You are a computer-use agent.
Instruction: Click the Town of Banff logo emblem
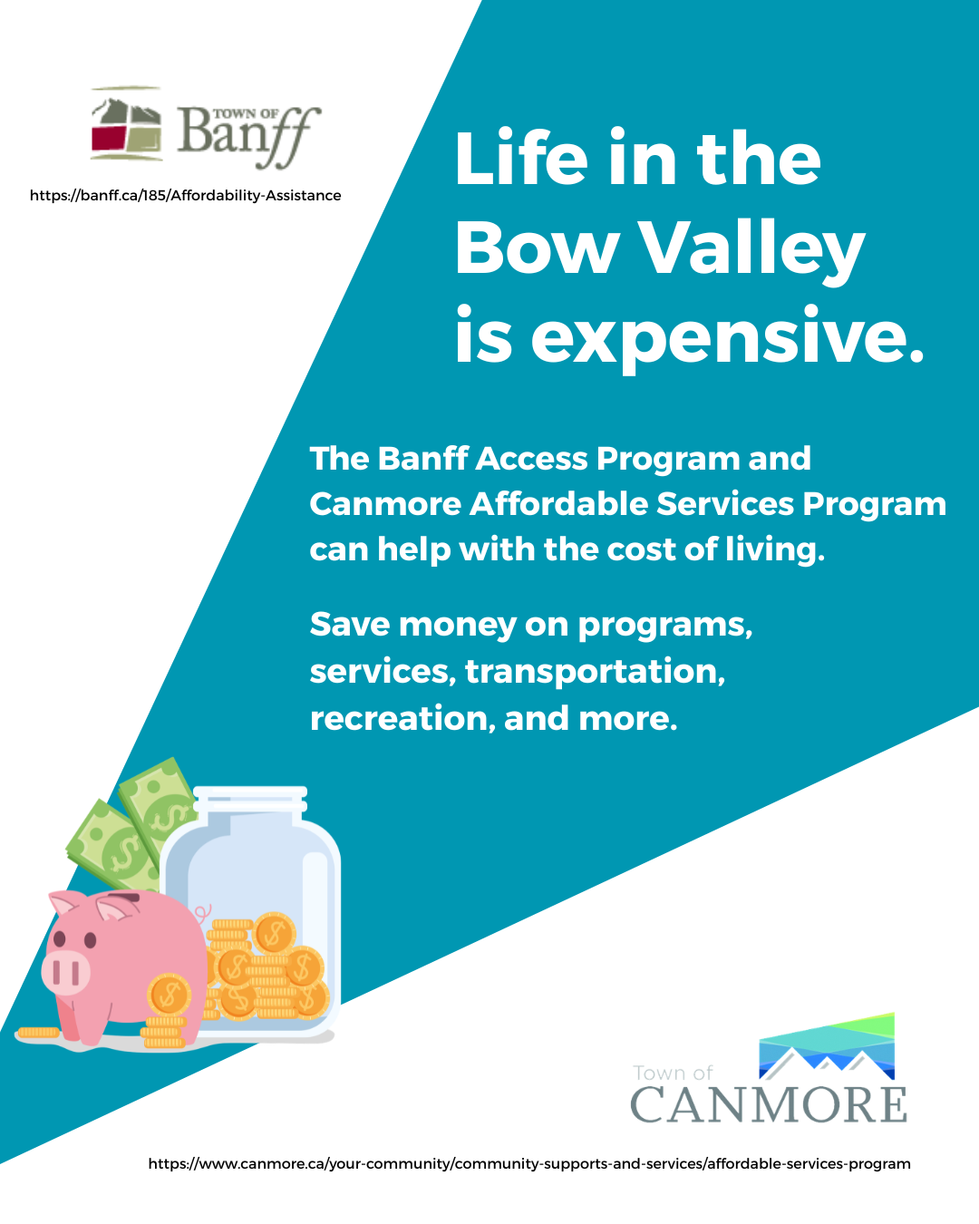126,124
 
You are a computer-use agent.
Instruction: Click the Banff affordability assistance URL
186,196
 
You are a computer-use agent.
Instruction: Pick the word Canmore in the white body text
385,504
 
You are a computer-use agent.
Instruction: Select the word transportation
595,671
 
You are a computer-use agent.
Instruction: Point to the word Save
350,625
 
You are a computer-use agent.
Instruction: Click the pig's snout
65,973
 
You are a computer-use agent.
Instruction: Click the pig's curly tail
202,913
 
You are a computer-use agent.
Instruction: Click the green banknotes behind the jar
131,825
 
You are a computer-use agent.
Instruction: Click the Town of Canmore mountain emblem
827,1046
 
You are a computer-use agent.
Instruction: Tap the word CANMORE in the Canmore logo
769,1105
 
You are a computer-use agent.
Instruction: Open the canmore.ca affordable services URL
529,1164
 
